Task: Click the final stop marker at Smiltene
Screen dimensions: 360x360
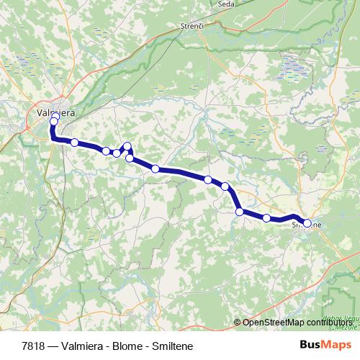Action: tap(307, 223)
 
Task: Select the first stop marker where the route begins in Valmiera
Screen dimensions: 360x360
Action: tap(55, 114)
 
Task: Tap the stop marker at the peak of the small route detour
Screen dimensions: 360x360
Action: tap(127, 146)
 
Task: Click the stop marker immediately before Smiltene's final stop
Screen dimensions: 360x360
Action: tap(266, 217)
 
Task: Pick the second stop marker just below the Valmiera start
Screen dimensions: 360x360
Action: tap(54, 122)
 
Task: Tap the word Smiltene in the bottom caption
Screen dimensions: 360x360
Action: tap(172, 346)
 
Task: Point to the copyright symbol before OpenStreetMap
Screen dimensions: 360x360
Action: tap(238, 323)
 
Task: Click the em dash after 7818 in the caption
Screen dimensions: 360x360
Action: tap(53, 346)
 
